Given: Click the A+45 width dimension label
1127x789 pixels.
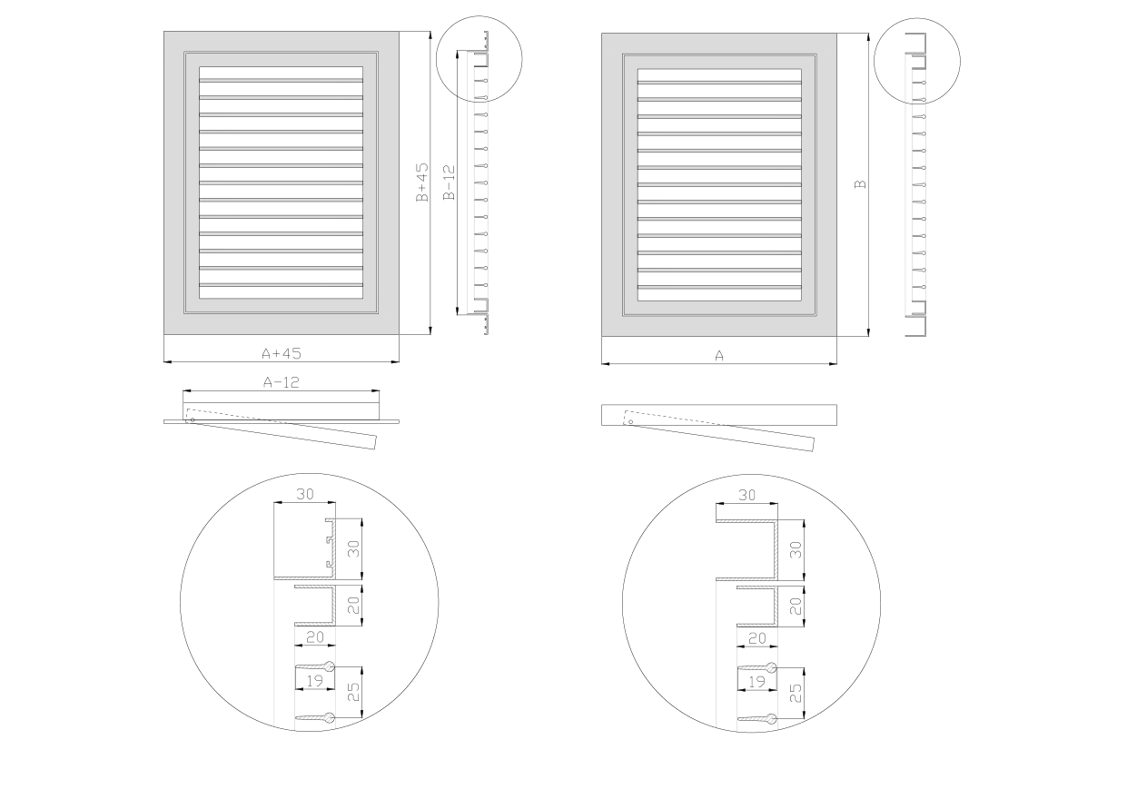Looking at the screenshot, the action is coord(282,353).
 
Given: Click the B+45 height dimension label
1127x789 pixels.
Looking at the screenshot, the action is coord(422,182).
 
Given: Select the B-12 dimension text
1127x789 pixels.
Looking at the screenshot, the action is coord(449,182).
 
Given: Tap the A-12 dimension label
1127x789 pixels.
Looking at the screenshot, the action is coord(282,382).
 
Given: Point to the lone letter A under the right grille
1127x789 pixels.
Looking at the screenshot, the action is coord(719,356).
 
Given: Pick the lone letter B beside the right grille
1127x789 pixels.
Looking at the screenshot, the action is coord(861,184).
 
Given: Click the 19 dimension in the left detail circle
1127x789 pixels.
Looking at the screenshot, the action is coord(314,681).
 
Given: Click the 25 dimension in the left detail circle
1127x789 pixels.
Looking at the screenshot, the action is coord(353,692).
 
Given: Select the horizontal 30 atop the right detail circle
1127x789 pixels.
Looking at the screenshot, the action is coord(747,496).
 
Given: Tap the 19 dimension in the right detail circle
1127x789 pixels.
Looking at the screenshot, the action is coord(756,682).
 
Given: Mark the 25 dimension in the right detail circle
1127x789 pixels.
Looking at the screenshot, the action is coord(796,693).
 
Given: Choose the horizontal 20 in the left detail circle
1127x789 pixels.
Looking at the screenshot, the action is coord(315,637).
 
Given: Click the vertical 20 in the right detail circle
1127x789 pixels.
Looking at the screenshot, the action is coord(796,607).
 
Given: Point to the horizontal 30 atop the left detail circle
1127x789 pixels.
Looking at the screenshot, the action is coord(305,494).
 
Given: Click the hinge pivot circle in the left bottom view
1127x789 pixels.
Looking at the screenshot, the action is coord(193,419).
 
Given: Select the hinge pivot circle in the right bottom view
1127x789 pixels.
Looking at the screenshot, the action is coord(630,422).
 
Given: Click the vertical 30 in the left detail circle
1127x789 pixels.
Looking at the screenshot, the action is coord(353,548).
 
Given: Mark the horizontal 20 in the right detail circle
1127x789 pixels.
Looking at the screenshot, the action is coord(757,638).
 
